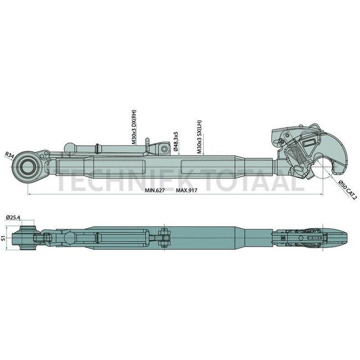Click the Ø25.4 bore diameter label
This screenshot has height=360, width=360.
point(12,218)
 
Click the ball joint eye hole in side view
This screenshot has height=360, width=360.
point(28,164)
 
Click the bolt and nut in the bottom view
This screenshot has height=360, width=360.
point(164,237)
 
